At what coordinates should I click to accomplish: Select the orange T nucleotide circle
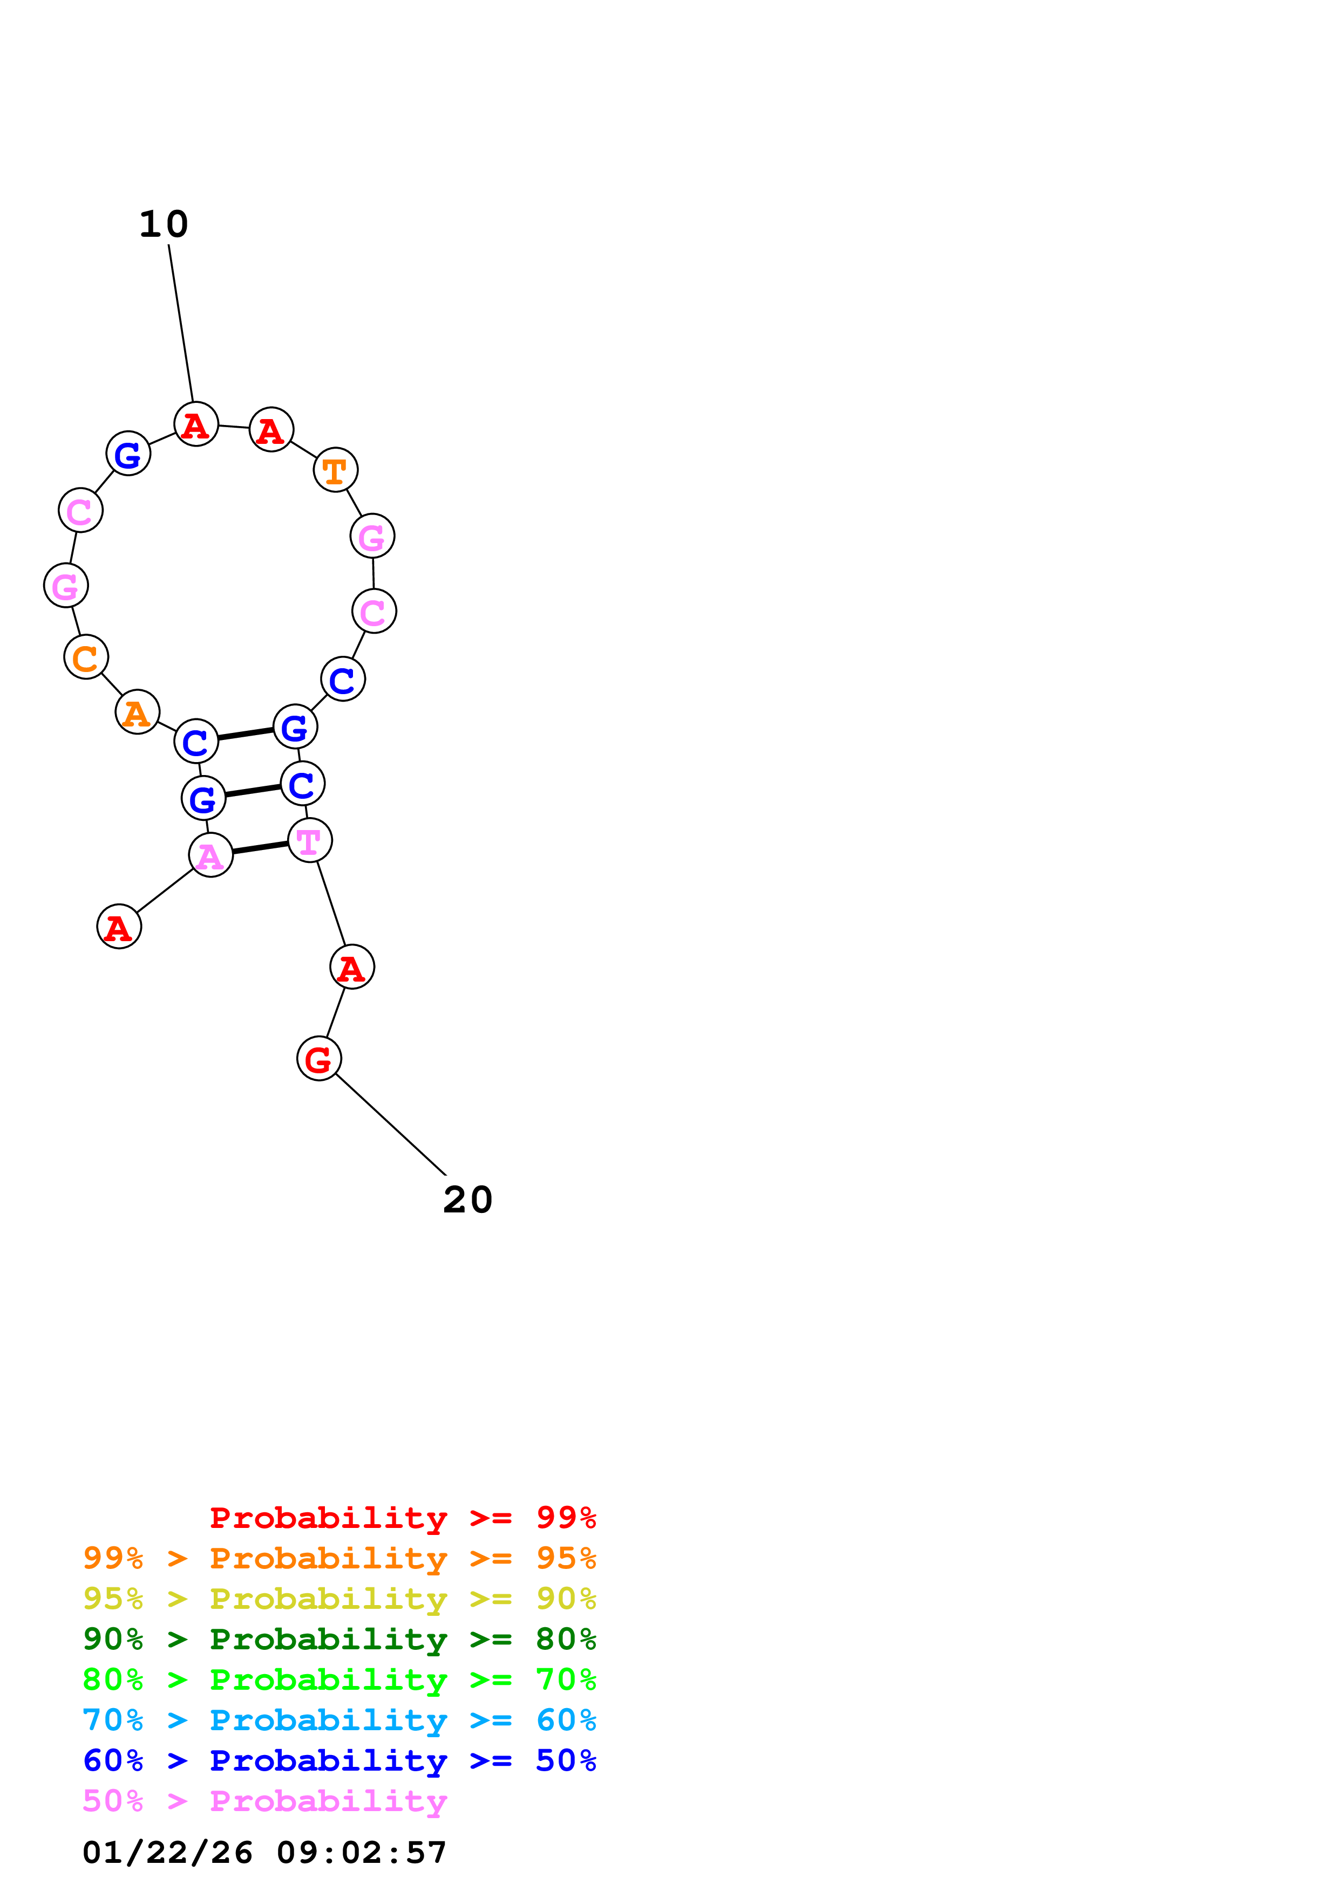click(336, 470)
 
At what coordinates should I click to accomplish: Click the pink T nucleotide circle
click(310, 840)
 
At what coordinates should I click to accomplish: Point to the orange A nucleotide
click(138, 712)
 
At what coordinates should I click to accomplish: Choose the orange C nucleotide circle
click(86, 657)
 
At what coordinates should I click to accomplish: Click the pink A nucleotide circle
click(211, 855)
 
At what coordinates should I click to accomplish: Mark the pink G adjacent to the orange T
click(372, 537)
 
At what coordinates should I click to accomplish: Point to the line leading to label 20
click(391, 1125)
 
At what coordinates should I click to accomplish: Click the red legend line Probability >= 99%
click(403, 1518)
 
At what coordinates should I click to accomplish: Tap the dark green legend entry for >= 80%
click(339, 1639)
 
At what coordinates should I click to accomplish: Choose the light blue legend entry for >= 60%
click(339, 1720)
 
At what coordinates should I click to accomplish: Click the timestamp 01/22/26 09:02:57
click(264, 1853)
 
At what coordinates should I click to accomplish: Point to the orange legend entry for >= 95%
click(339, 1558)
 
